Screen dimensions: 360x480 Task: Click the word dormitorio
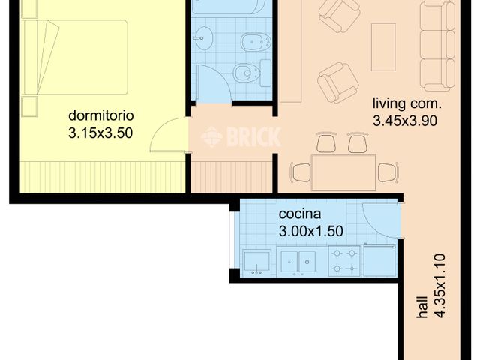tap(100, 116)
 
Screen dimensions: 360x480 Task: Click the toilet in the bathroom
tap(247, 73)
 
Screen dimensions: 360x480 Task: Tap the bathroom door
tap(211, 82)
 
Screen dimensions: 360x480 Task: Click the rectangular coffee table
tap(383, 46)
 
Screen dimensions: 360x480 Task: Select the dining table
tap(343, 172)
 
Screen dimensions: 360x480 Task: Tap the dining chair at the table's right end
tap(388, 172)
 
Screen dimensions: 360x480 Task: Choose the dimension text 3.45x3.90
tap(405, 119)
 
